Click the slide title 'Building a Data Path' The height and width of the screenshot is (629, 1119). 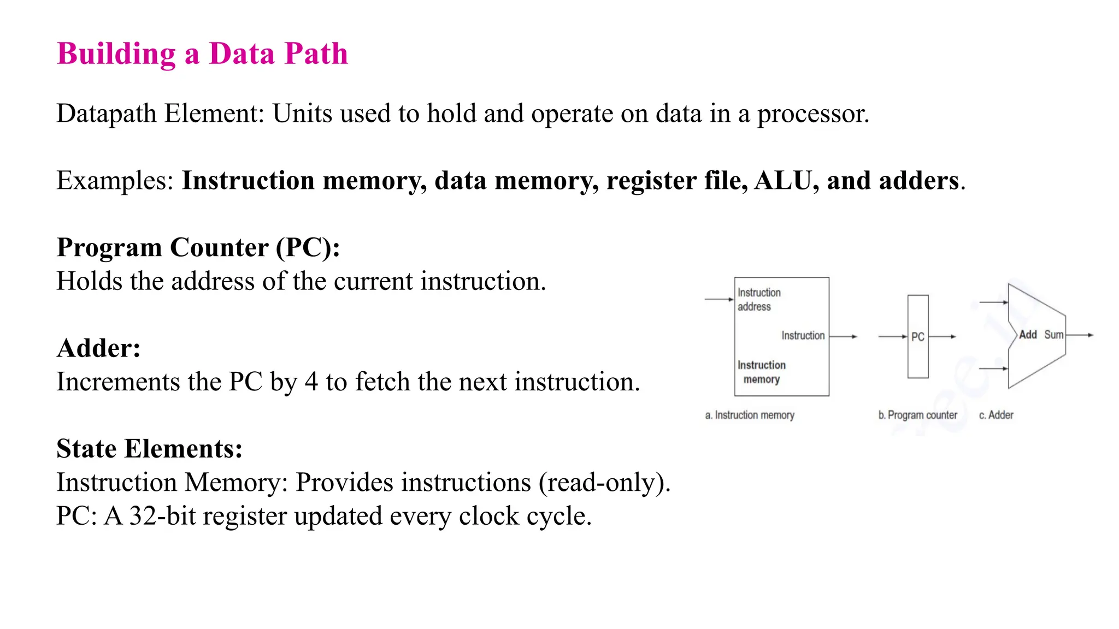tap(202, 54)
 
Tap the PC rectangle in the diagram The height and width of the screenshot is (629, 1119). tap(918, 336)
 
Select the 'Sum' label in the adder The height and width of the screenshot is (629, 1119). tap(1053, 335)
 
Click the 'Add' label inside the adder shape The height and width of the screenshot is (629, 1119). tap(1028, 335)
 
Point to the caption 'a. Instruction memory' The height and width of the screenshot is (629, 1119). tap(750, 416)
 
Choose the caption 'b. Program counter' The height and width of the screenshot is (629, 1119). tap(917, 416)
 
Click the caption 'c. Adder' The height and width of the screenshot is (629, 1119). tap(996, 416)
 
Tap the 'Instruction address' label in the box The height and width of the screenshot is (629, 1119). tap(758, 300)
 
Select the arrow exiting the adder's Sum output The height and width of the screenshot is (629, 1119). tap(1080, 335)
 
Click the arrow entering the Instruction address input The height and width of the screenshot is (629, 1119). tap(719, 299)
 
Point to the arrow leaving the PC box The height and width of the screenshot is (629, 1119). tap(943, 336)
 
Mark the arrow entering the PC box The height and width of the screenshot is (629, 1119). tap(892, 336)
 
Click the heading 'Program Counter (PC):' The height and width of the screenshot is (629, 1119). tap(198, 248)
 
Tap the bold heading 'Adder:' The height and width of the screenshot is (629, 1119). tap(99, 348)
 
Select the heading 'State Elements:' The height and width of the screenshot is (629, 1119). tap(149, 449)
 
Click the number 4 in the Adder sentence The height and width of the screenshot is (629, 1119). tap(311, 382)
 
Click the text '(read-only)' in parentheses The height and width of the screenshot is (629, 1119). tap(604, 483)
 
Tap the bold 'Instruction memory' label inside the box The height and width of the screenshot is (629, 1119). tap(762, 372)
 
